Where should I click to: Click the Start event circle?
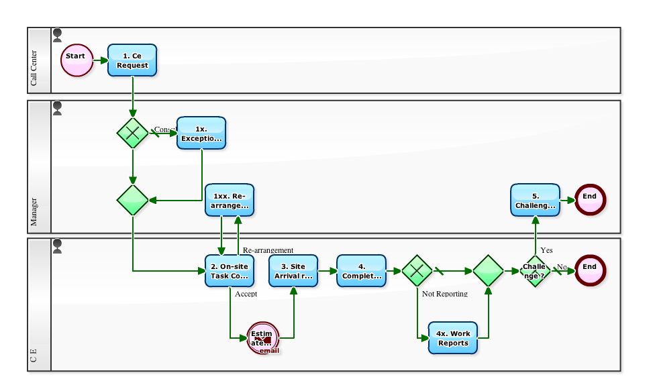(x=76, y=60)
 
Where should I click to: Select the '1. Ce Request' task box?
(x=132, y=60)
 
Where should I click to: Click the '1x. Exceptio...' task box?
(x=201, y=133)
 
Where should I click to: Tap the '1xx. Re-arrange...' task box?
(x=230, y=200)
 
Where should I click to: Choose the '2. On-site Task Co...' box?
(x=230, y=271)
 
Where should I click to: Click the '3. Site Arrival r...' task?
(x=293, y=271)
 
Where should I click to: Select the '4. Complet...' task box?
(x=361, y=271)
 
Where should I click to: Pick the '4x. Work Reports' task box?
(x=453, y=338)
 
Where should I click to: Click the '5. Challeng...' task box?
(x=535, y=200)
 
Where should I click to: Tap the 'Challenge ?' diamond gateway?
(x=534, y=271)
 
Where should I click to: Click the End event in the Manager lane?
(x=589, y=198)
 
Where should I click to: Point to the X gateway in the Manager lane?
(x=133, y=133)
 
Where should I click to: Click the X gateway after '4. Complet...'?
(x=417, y=271)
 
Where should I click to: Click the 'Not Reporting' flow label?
(x=444, y=294)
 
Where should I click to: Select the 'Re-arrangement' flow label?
(x=268, y=250)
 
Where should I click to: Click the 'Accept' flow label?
(x=246, y=294)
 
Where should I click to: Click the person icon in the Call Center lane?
(x=57, y=36)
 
